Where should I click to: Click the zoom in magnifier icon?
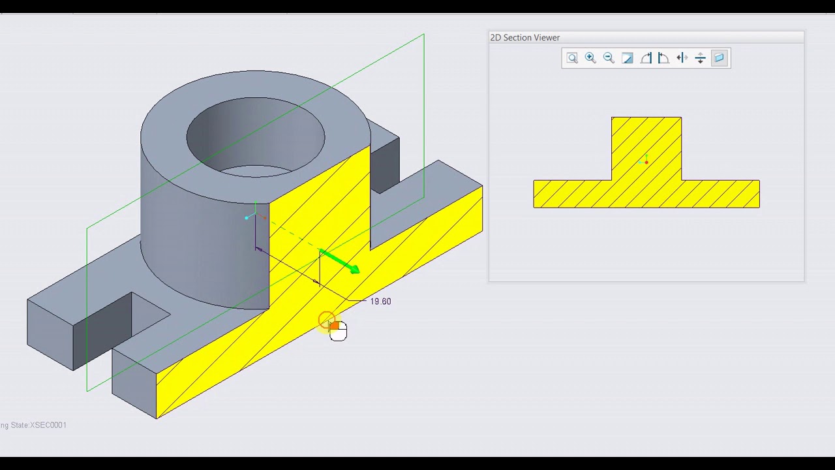(x=590, y=58)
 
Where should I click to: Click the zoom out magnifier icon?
(x=609, y=58)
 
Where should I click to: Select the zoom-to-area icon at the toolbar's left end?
(x=572, y=58)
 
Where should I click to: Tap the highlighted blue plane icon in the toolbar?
(x=719, y=58)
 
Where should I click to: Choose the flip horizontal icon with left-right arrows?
(x=682, y=58)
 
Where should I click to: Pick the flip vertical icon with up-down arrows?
(x=700, y=58)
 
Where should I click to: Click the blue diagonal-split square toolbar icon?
(x=628, y=58)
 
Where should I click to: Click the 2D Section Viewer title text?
(x=524, y=38)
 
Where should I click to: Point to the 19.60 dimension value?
(x=380, y=302)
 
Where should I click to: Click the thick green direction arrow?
(x=339, y=261)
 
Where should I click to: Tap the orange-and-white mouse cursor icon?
(x=337, y=330)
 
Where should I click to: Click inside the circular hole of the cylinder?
(x=256, y=137)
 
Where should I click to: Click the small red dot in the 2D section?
(x=646, y=163)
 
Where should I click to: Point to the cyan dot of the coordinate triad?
(x=247, y=217)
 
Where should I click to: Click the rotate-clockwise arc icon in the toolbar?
(x=646, y=58)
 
